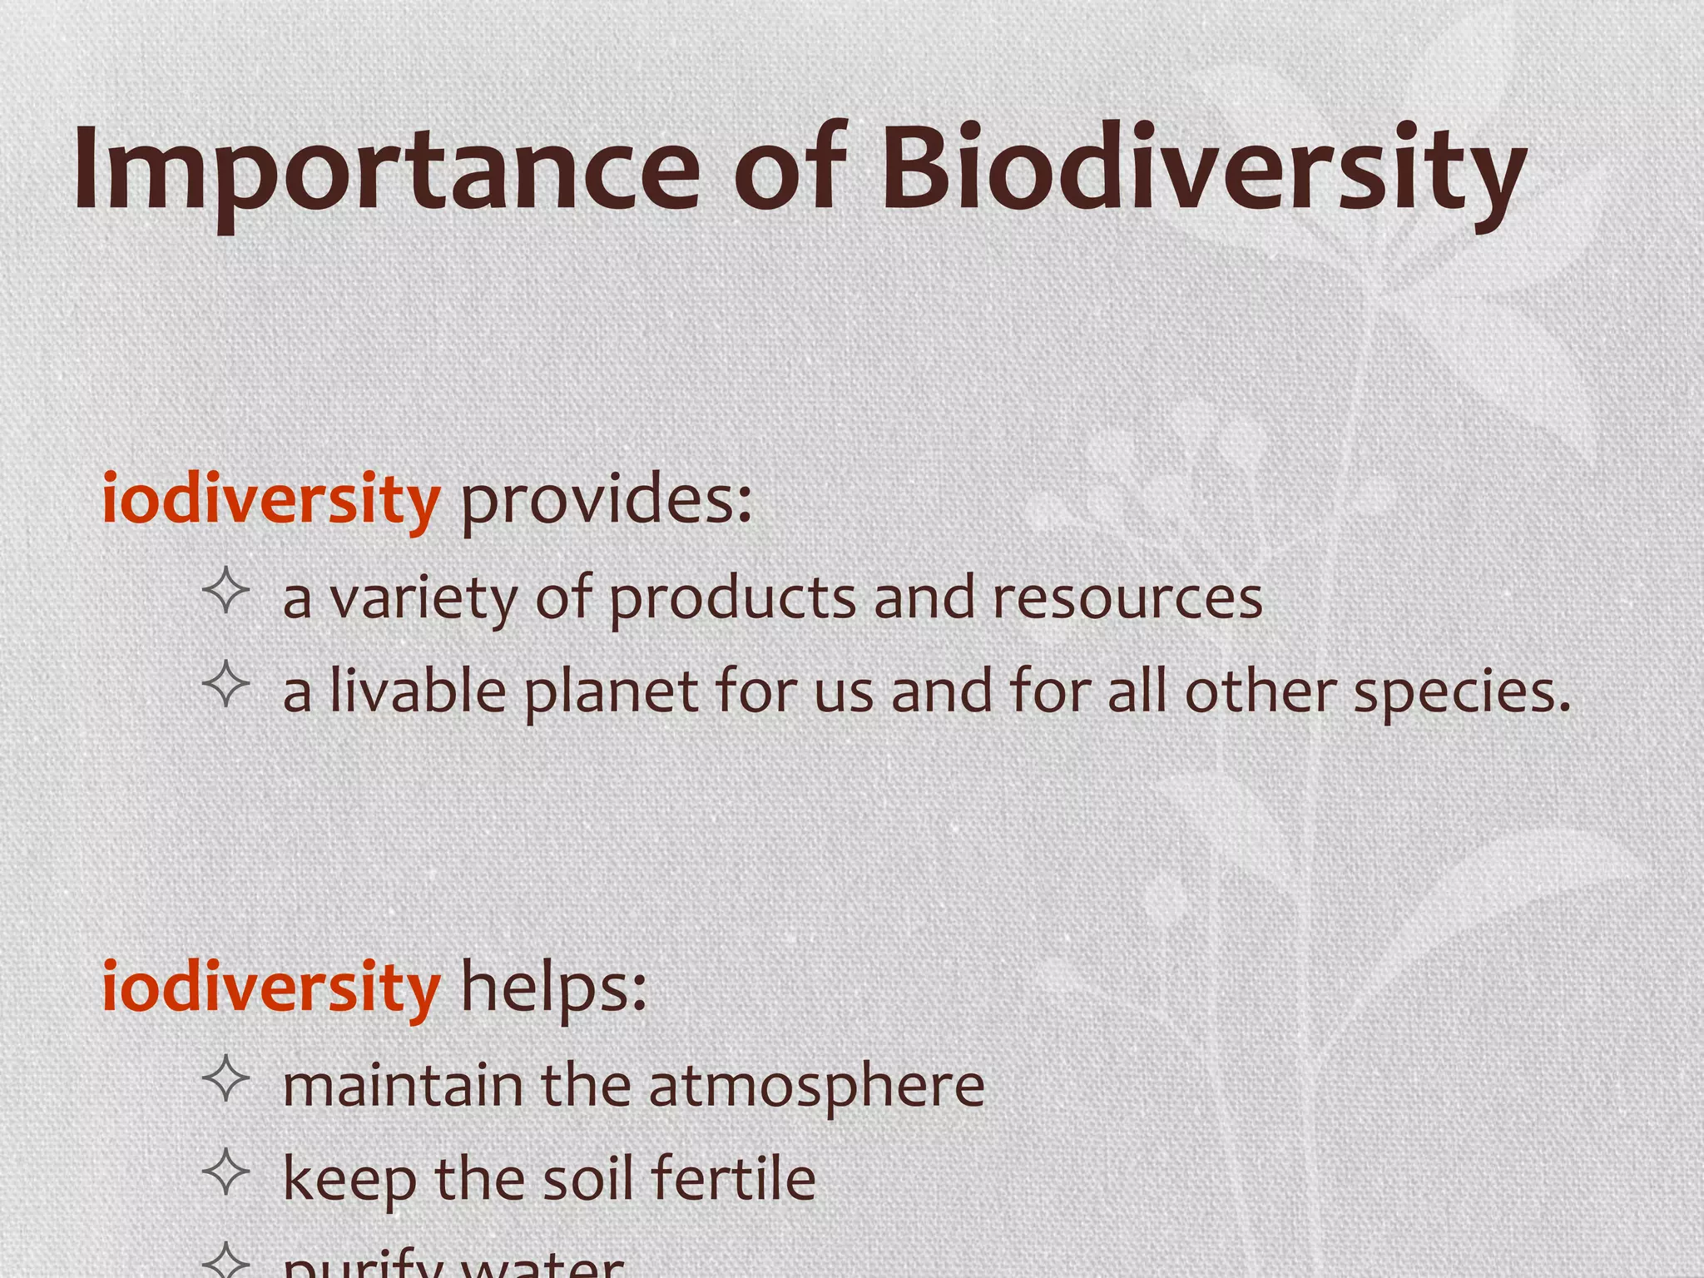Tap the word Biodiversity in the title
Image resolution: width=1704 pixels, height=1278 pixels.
tap(1202, 171)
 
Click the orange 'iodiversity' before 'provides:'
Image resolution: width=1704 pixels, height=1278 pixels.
tap(270, 499)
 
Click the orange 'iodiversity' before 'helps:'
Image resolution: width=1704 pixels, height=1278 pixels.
tap(270, 988)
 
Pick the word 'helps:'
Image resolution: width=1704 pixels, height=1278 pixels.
tap(553, 988)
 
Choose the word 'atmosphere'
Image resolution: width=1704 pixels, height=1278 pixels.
tap(816, 1088)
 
